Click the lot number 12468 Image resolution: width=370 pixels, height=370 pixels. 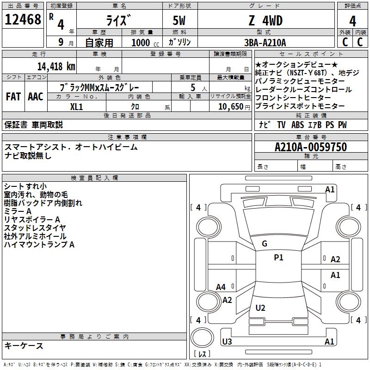tap(23, 19)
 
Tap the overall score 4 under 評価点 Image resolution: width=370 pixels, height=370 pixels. tap(352, 21)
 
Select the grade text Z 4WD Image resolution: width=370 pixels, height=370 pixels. tap(265, 20)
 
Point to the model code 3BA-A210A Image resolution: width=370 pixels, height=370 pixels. tap(265, 43)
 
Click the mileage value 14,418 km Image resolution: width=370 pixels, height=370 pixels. tap(56, 66)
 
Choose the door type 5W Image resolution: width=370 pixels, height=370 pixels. tap(179, 20)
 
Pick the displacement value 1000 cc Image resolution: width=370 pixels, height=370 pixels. tap(145, 43)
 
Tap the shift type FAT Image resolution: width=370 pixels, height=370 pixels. tap(13, 97)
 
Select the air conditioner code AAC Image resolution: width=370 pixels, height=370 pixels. tap(36, 97)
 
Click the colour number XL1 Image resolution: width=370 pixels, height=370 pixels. tap(76, 107)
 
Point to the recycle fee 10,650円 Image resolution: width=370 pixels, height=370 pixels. tap(234, 107)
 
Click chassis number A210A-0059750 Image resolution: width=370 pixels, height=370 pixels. tap(311, 147)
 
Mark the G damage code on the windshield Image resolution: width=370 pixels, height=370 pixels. tap(265, 244)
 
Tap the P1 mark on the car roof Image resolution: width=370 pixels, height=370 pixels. tap(278, 258)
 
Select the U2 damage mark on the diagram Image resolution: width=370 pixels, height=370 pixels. tap(260, 308)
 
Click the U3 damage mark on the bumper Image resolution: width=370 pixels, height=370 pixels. tap(227, 341)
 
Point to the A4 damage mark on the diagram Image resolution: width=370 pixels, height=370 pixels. tap(221, 287)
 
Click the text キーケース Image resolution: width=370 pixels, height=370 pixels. tap(24, 345)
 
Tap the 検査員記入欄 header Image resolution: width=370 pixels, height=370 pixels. tap(94, 178)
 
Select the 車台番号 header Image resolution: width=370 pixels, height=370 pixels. tap(311, 137)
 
